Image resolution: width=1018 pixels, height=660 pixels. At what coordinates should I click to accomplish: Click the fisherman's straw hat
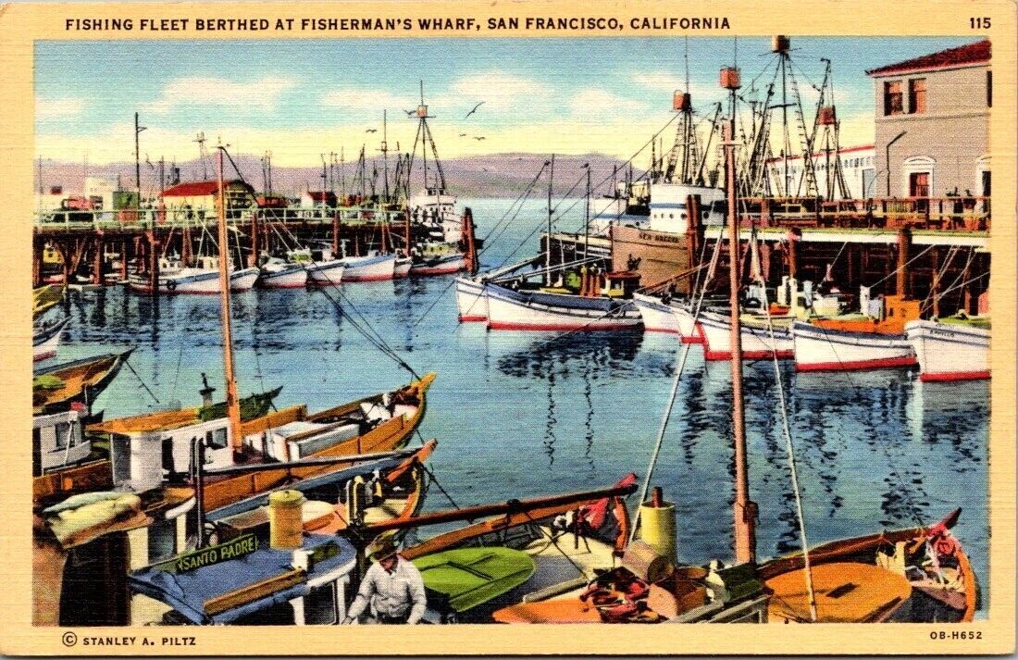(382, 547)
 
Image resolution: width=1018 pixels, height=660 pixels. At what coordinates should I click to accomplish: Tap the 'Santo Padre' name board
(217, 552)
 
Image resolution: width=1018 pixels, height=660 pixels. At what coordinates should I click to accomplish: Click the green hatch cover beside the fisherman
(473, 572)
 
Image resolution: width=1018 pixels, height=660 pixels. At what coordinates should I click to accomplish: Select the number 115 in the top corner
(980, 23)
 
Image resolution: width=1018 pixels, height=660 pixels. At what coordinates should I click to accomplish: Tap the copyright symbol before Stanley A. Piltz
(69, 639)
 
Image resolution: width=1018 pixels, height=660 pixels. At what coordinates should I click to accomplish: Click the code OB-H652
(956, 635)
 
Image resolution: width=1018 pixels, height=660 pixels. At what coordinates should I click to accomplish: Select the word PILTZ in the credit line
(176, 640)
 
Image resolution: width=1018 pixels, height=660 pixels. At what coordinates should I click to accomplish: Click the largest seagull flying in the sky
(474, 109)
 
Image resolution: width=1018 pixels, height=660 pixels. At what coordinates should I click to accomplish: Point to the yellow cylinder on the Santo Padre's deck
(286, 519)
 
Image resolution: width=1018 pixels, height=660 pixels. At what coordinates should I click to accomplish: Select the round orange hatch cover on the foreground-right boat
(838, 590)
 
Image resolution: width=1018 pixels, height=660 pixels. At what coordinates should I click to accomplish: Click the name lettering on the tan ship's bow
(658, 237)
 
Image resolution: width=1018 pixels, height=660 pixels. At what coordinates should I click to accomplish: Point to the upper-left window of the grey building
(894, 96)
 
